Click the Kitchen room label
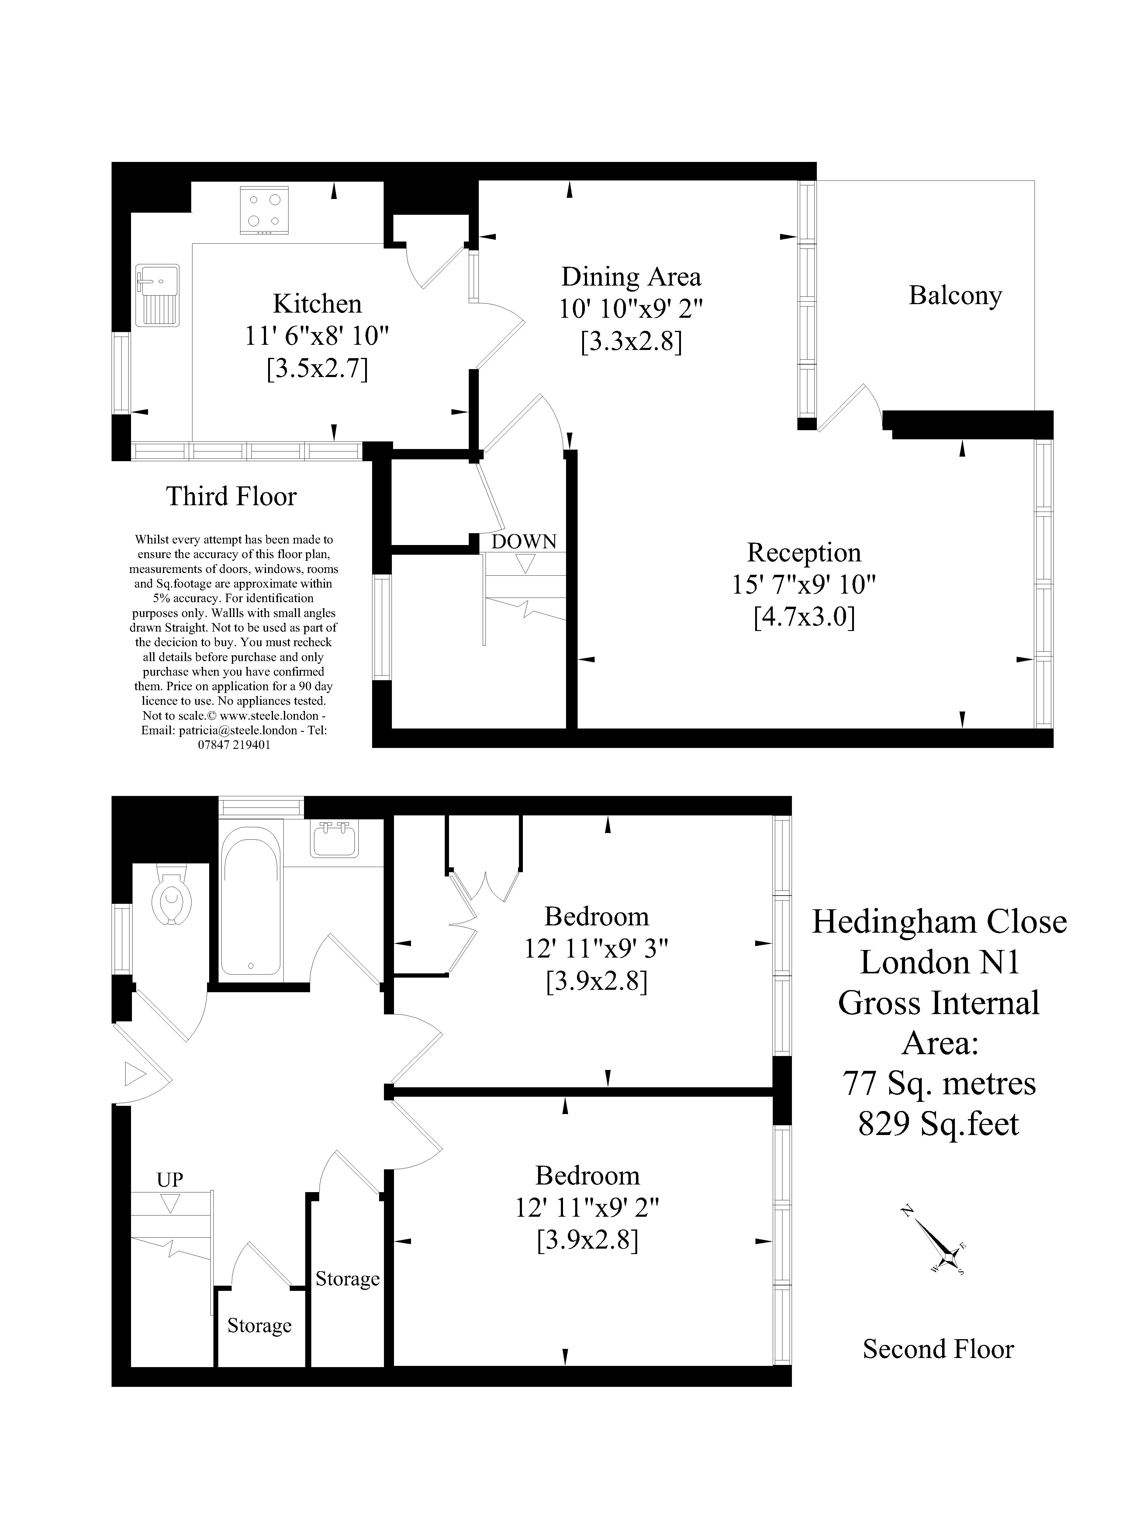tap(317, 303)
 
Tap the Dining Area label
tap(631, 277)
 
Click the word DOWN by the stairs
tap(523, 542)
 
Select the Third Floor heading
tap(232, 496)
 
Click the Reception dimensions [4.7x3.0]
tap(804, 618)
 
